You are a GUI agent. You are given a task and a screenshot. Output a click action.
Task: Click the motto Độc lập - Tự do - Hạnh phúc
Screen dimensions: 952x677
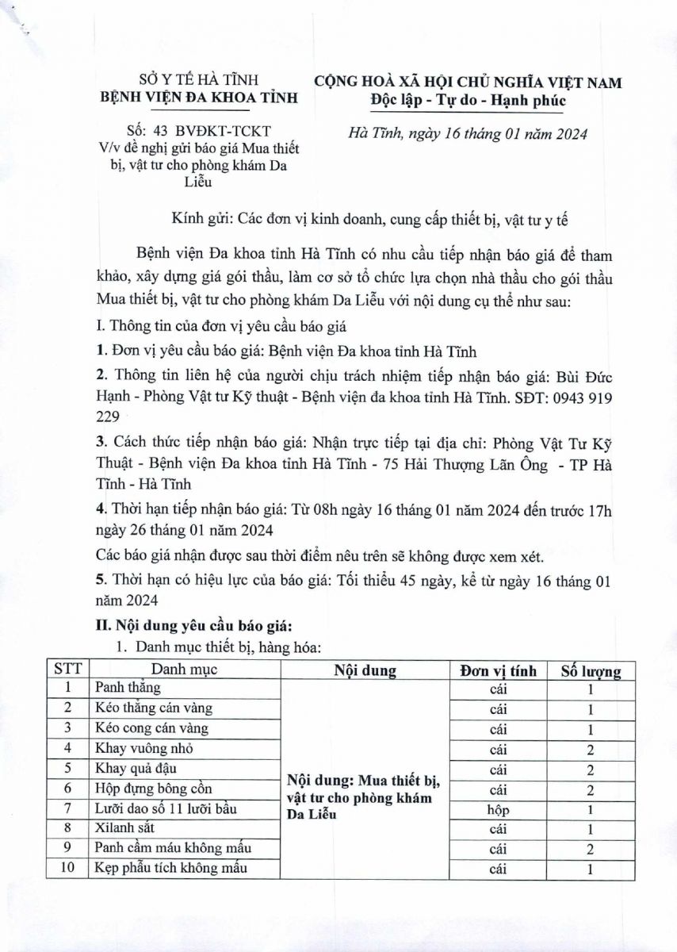pos(468,101)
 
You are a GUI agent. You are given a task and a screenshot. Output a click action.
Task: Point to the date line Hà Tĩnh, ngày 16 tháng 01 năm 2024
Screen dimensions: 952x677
pos(469,134)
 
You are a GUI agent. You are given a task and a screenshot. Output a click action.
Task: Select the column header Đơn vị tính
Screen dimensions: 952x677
pos(498,670)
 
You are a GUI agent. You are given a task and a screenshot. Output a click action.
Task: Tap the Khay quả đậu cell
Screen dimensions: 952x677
pos(136,768)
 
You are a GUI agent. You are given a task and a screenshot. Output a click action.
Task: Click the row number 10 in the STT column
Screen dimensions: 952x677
pos(68,869)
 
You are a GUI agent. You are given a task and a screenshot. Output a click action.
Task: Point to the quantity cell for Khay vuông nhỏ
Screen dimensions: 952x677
pos(590,749)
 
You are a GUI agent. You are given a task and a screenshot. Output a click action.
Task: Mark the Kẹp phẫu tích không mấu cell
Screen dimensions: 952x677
pos(171,869)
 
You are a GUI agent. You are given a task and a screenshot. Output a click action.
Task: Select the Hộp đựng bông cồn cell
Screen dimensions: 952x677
pos(153,789)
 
